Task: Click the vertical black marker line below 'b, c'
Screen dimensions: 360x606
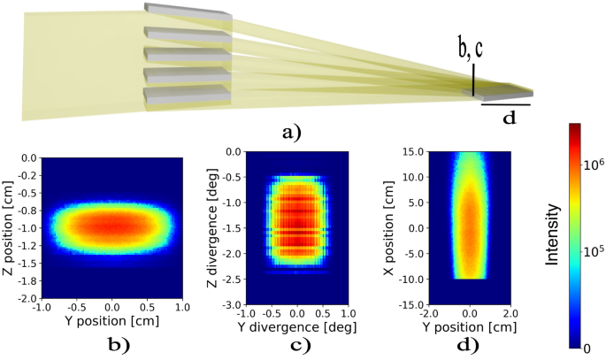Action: coord(473,81)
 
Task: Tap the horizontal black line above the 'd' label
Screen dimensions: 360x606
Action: coord(505,104)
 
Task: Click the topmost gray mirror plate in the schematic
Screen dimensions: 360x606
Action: coord(188,11)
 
